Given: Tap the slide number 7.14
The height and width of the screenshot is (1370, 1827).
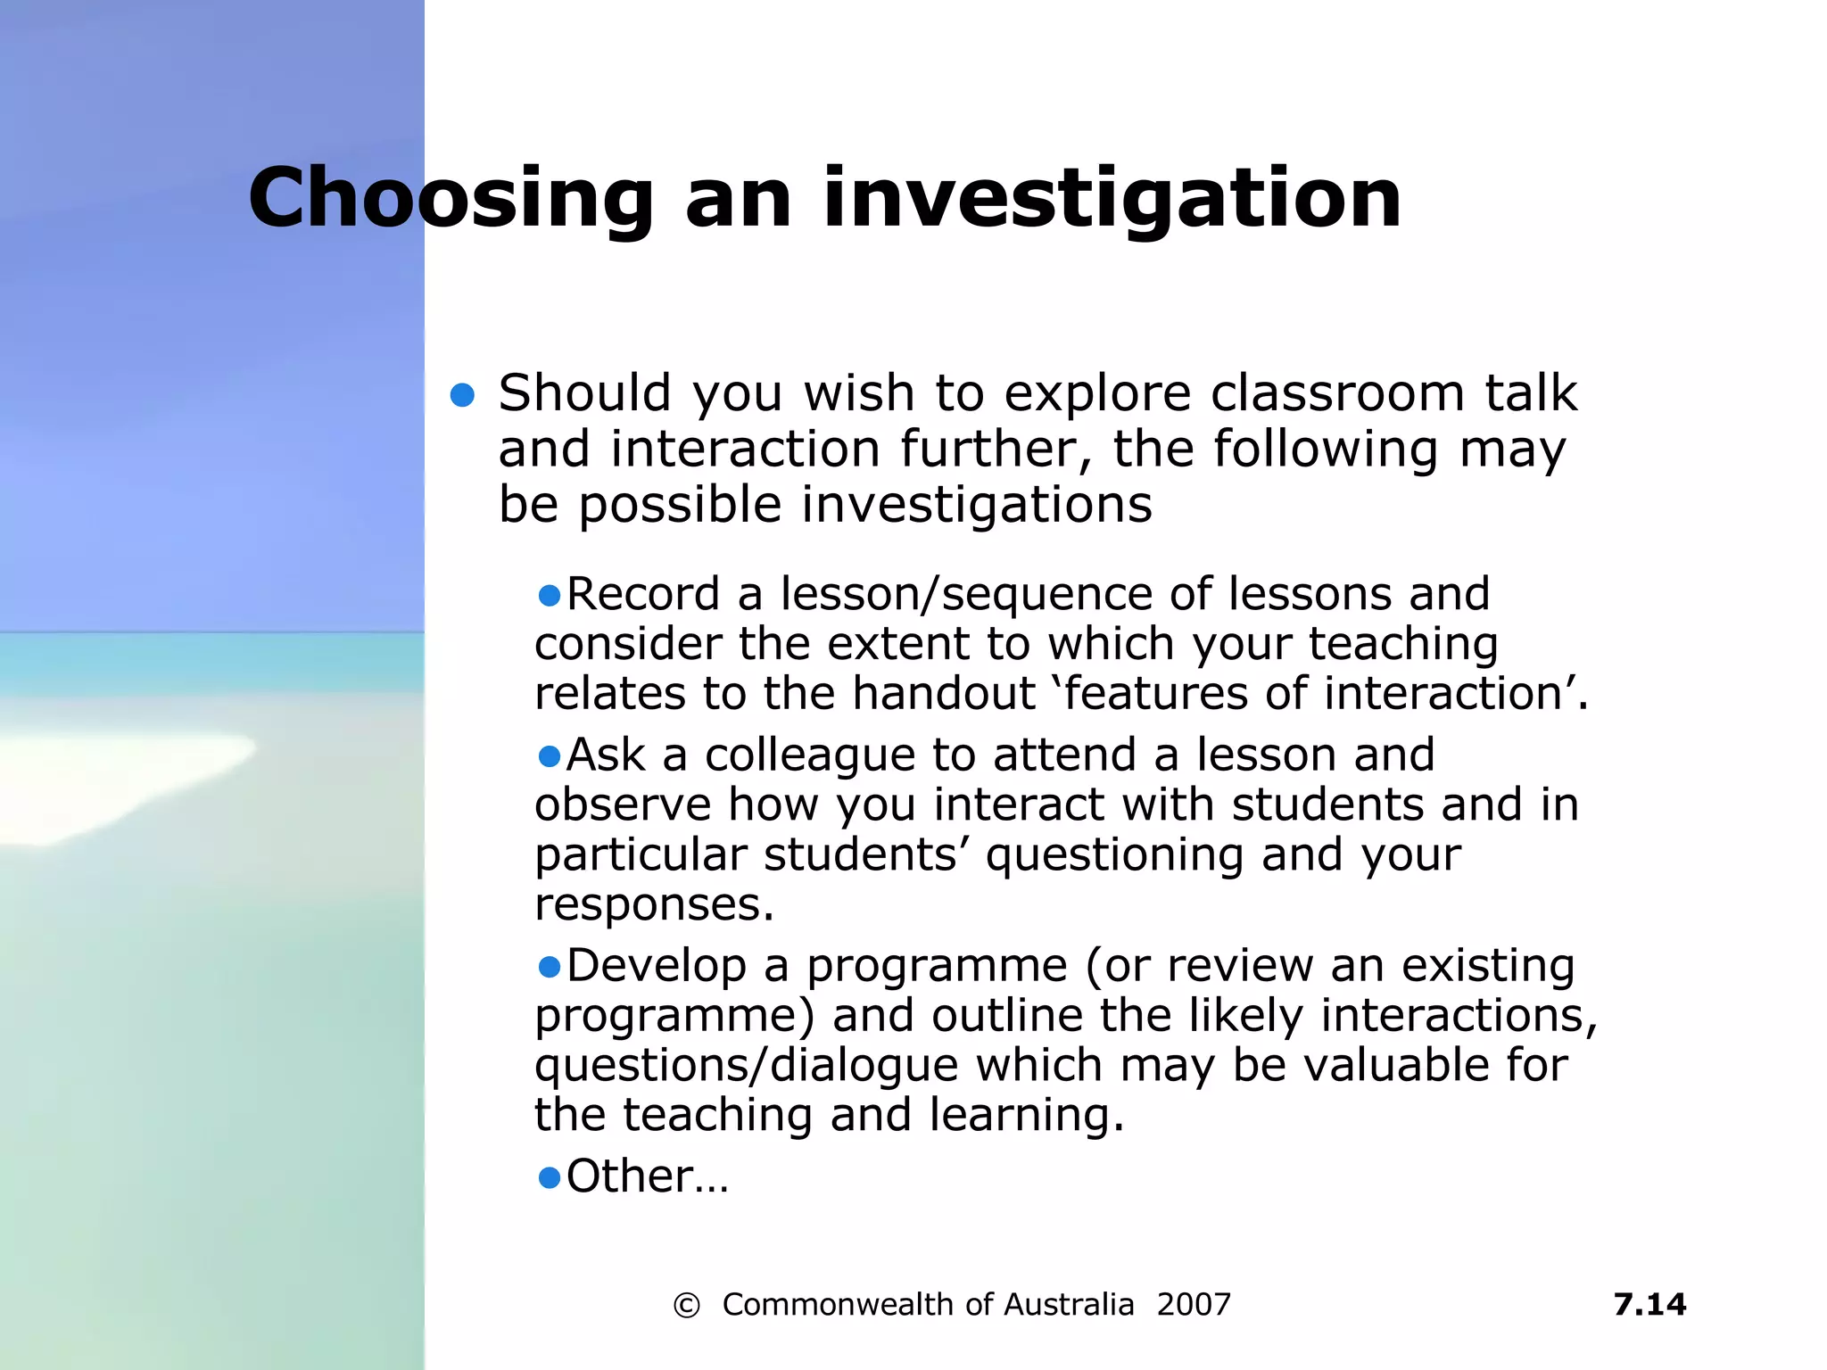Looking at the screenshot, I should click(x=1649, y=1304).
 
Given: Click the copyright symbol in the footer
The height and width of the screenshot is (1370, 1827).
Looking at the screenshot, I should click(x=686, y=1306).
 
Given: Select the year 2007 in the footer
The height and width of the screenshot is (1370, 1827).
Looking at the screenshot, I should click(x=1194, y=1305).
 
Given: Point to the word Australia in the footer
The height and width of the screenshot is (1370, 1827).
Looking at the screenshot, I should click(x=1069, y=1305).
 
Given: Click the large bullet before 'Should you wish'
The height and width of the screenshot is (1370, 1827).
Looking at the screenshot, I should click(x=462, y=395).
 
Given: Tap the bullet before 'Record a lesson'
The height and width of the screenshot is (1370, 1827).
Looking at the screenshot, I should click(x=550, y=595).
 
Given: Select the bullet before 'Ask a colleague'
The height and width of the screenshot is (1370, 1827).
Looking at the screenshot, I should click(x=550, y=756).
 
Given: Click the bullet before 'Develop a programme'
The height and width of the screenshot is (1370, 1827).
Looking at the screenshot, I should click(x=550, y=966).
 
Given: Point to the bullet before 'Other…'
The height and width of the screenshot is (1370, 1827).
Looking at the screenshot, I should click(x=550, y=1177).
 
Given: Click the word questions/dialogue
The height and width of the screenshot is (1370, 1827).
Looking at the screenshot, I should click(x=746, y=1066).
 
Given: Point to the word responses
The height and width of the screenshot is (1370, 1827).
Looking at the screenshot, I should click(x=654, y=906).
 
